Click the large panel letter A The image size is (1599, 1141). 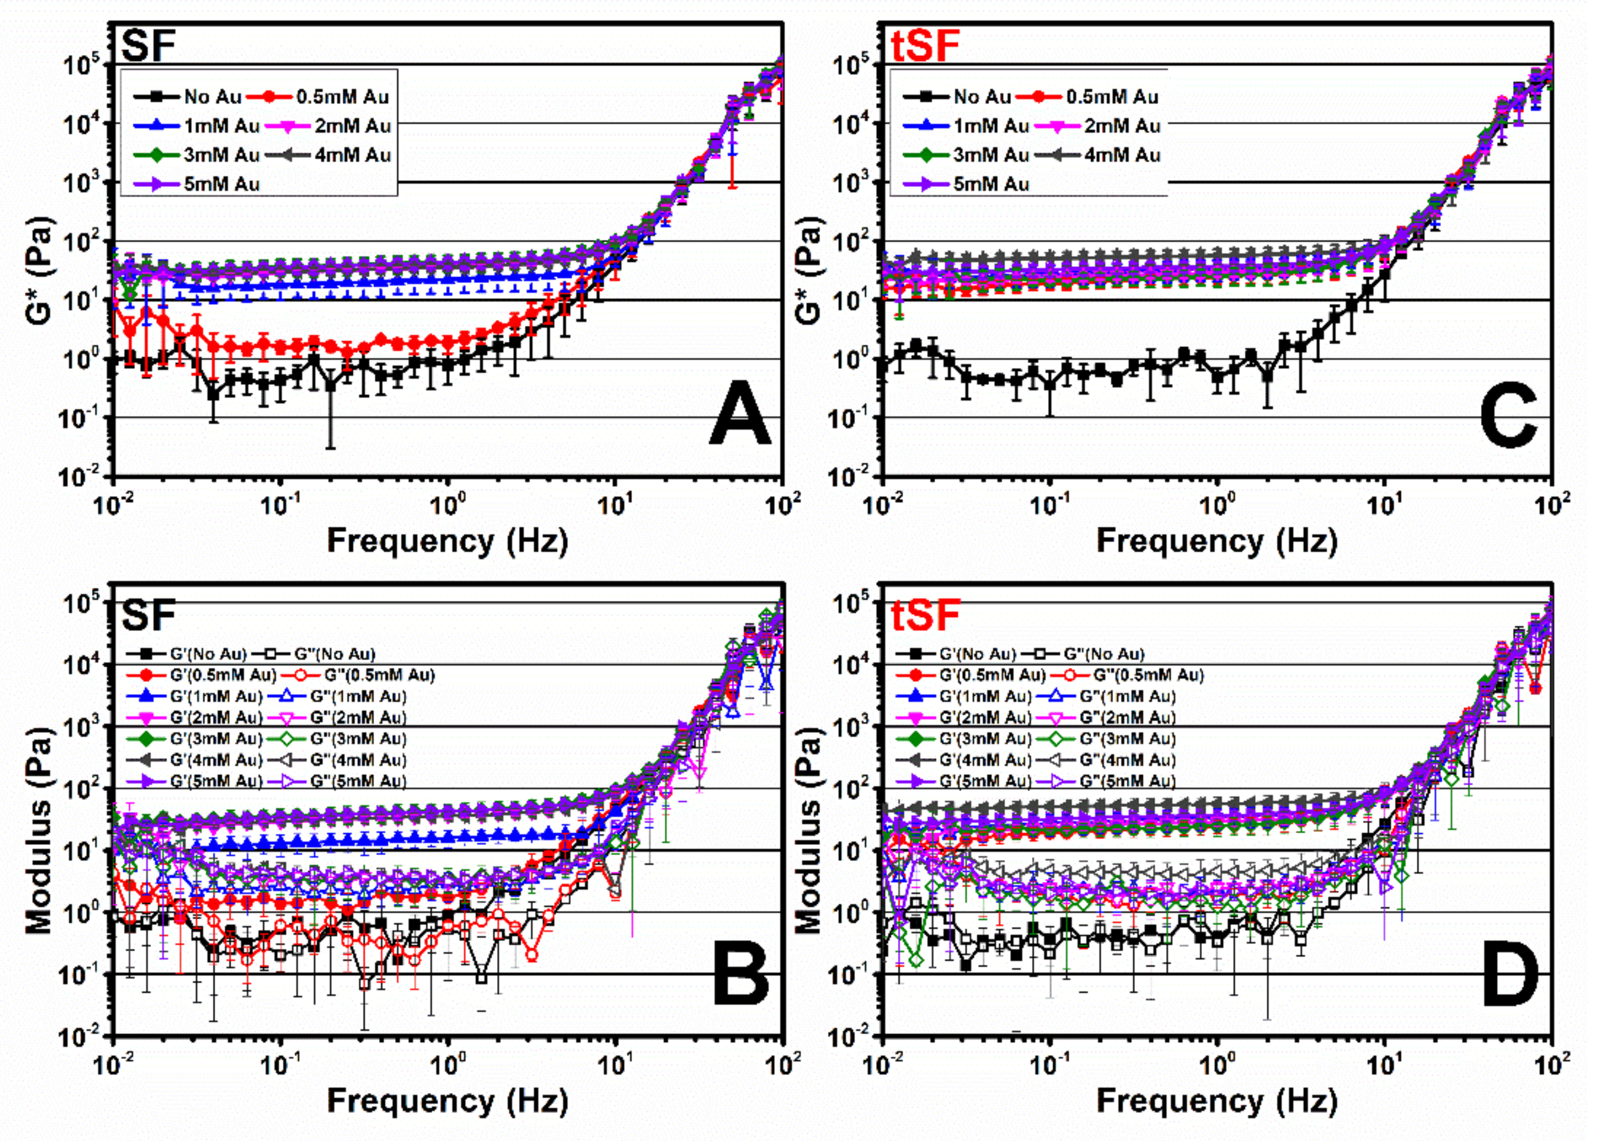tap(740, 415)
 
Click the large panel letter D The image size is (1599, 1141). tap(1509, 974)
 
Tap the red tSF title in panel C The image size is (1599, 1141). tap(925, 46)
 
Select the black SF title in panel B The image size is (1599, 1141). tap(148, 615)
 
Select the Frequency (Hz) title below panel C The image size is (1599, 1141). tap(1217, 541)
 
